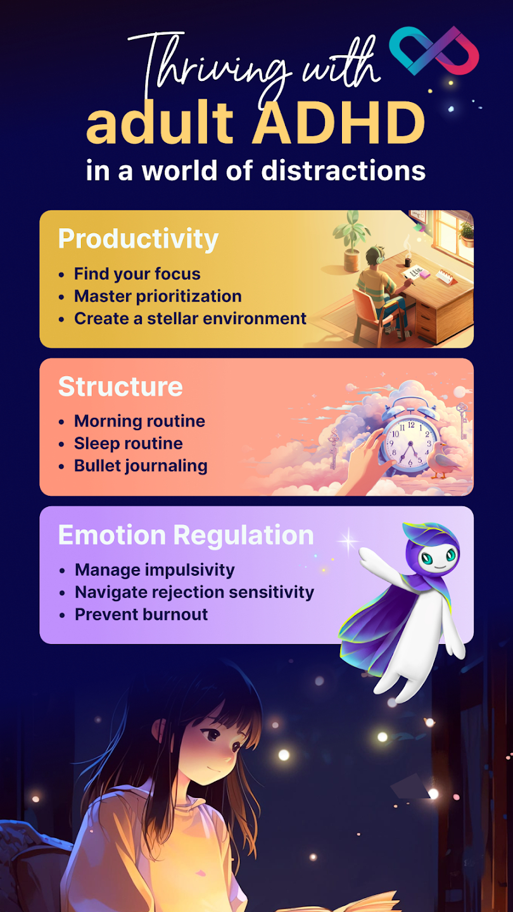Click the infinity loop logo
[434, 51]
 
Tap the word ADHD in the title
[339, 123]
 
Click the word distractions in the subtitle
[343, 170]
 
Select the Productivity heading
[138, 239]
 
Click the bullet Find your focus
[137, 274]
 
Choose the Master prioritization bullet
[158, 296]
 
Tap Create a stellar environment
[190, 319]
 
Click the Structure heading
[120, 386]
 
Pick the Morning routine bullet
[139, 421]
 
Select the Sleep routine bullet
[128, 443]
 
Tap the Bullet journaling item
[141, 465]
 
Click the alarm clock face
[410, 444]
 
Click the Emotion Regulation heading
[186, 535]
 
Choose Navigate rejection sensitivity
[194, 592]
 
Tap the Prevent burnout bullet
[141, 614]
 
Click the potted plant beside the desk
[351, 240]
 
